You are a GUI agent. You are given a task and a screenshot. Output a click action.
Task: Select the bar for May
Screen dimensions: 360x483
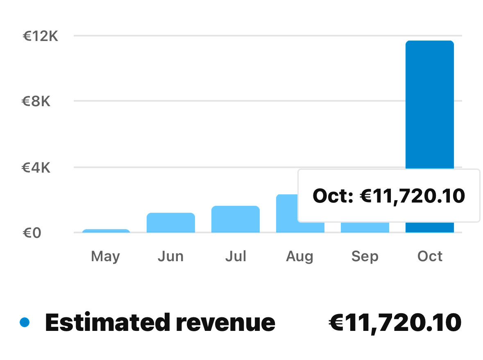click(106, 231)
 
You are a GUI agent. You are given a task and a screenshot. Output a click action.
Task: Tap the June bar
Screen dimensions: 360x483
click(171, 223)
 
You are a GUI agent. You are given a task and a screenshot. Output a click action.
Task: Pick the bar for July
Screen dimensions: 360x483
click(236, 219)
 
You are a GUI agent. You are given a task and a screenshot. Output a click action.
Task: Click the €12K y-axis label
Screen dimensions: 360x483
click(40, 36)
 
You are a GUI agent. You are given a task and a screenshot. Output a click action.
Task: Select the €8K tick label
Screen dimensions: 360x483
click(36, 101)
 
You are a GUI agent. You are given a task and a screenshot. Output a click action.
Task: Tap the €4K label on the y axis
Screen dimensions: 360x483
click(36, 167)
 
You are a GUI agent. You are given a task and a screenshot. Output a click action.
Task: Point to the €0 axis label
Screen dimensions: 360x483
click(32, 233)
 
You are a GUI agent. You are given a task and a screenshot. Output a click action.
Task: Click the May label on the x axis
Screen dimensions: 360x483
click(106, 257)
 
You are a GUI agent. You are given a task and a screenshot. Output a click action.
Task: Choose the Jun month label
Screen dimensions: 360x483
click(170, 257)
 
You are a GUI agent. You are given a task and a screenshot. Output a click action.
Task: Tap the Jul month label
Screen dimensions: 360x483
click(236, 257)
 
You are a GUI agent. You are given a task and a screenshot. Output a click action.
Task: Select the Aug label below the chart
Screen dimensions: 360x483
click(300, 257)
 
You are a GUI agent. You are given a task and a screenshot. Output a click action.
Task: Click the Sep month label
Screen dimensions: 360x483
click(365, 257)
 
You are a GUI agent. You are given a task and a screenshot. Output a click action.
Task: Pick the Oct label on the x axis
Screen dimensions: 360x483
click(430, 257)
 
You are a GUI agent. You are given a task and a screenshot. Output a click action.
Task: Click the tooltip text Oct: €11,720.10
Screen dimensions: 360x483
click(388, 196)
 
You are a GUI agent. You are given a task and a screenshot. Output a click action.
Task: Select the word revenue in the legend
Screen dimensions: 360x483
click(225, 323)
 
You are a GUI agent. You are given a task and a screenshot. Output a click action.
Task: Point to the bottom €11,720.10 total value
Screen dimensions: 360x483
click(395, 323)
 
